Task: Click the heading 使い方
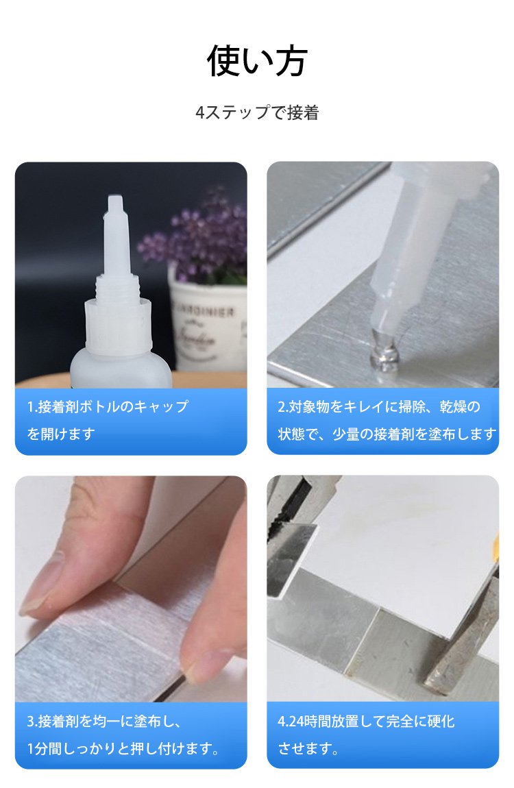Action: pyautogui.click(x=257, y=61)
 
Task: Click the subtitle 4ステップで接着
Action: pyautogui.click(x=257, y=112)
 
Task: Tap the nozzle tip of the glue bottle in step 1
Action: pyautogui.click(x=114, y=203)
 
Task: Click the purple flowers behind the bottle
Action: pyautogui.click(x=197, y=237)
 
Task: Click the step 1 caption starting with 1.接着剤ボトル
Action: pyautogui.click(x=108, y=406)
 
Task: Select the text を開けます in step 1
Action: pyautogui.click(x=61, y=433)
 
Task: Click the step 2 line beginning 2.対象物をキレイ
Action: pyautogui.click(x=379, y=406)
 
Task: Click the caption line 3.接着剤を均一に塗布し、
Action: pyautogui.click(x=104, y=721)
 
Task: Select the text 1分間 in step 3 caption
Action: pyautogui.click(x=46, y=748)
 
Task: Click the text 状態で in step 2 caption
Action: pyautogui.click(x=298, y=433)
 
